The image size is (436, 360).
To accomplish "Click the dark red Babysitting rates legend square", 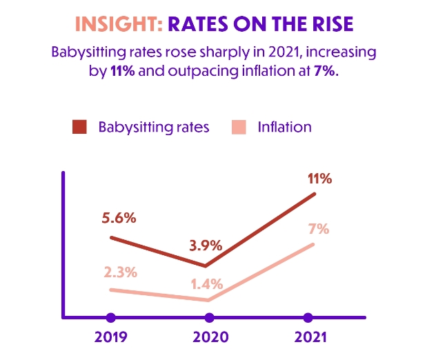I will click(79, 128).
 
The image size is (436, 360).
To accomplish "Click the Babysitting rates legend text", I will click(153, 128).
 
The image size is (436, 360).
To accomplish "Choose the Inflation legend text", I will click(284, 128).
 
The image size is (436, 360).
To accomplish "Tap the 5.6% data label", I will click(119, 218).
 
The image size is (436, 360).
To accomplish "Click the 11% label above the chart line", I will click(320, 179).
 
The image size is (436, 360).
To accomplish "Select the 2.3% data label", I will click(119, 272).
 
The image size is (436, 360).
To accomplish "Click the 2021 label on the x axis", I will click(308, 339).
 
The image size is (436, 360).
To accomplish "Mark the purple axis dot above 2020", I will click(209, 318).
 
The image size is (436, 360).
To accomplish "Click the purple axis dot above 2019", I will click(111, 318).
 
